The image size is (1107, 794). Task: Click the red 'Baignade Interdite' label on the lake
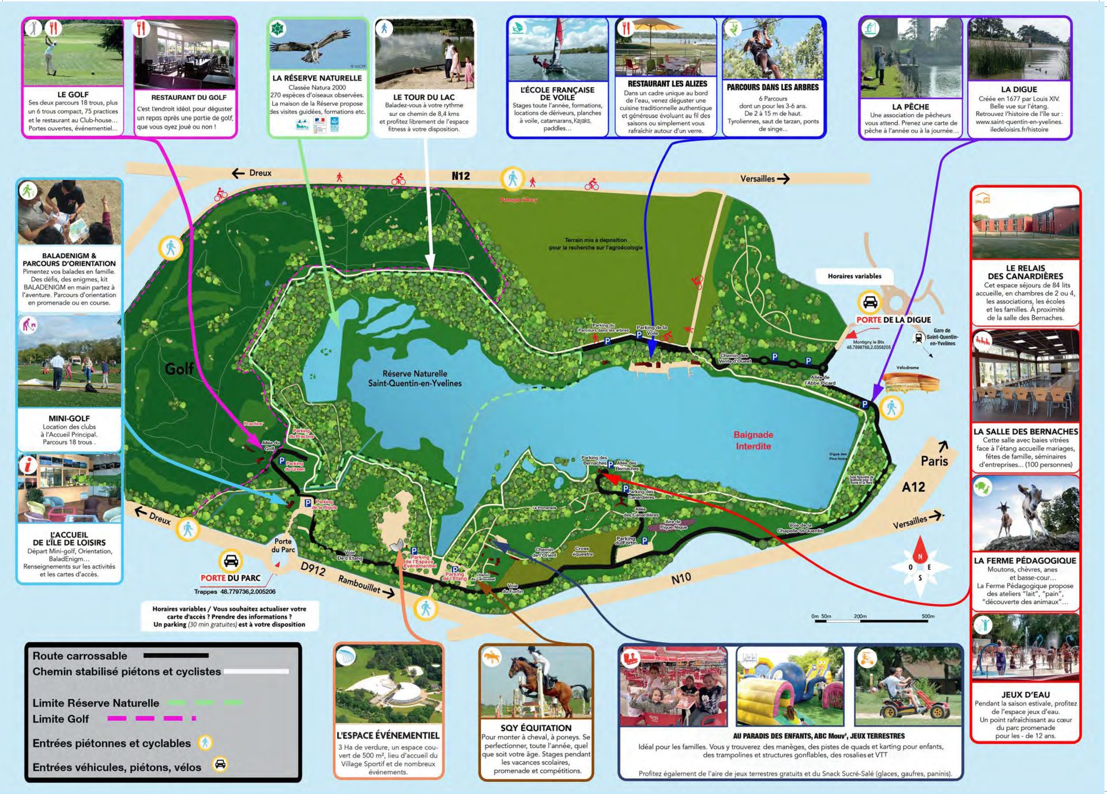(753, 440)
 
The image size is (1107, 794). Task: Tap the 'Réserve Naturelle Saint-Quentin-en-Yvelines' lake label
(415, 378)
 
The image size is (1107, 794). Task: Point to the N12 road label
(460, 176)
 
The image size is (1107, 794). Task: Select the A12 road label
(913, 487)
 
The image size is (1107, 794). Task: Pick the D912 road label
(313, 569)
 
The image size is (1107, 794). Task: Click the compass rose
(920, 567)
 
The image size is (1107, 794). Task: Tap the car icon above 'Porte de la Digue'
(869, 302)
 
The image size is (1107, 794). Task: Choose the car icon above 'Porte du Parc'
(231, 560)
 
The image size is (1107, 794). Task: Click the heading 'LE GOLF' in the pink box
(73, 95)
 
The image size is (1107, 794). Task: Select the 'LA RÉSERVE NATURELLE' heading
(317, 78)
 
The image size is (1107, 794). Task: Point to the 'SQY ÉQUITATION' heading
(536, 728)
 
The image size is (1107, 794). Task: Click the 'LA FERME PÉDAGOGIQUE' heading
(1025, 560)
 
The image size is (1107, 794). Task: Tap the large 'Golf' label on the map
(179, 368)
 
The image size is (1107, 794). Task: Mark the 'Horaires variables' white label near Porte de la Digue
(854, 276)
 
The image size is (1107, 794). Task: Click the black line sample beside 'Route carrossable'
(176, 656)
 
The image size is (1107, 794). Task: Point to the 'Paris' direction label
(934, 461)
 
